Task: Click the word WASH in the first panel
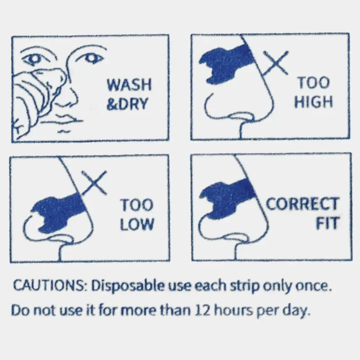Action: coord(129,84)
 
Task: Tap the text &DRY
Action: coord(127,103)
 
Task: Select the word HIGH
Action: coord(314,102)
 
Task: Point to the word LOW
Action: coord(137,224)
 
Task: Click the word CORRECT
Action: coord(302,203)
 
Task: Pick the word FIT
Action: coord(328,223)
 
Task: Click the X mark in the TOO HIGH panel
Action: coord(276,63)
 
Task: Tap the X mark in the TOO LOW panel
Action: coord(94,183)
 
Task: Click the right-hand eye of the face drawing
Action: coord(92,58)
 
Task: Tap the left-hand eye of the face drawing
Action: coord(35,58)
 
